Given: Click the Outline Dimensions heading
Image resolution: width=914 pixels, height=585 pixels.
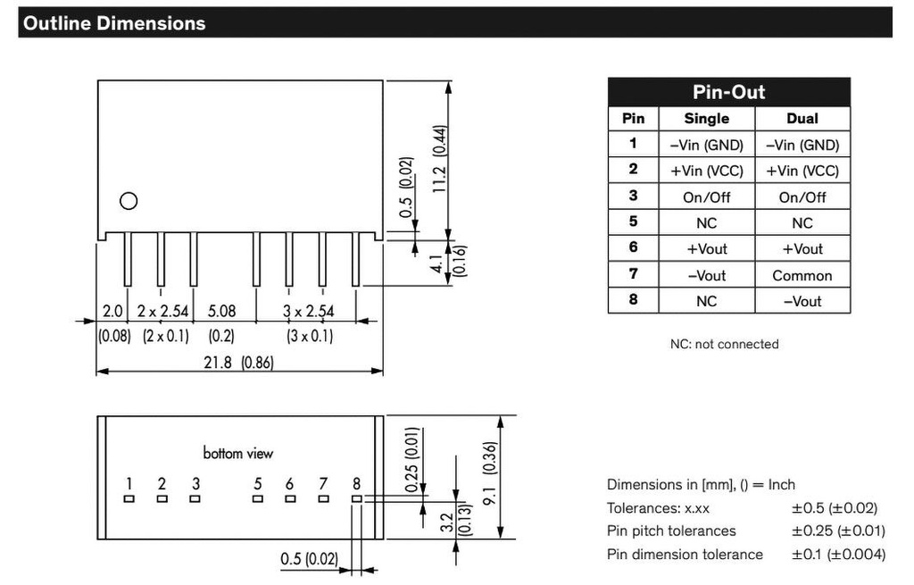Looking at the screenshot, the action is [114, 23].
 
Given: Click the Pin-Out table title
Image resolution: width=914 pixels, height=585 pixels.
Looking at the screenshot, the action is [728, 92].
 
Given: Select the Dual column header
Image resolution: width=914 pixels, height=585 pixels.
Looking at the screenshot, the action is [802, 119].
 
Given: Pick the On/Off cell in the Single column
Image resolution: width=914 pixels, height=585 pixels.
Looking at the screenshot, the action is [707, 197].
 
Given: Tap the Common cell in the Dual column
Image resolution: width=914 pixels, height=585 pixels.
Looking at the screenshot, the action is [802, 275].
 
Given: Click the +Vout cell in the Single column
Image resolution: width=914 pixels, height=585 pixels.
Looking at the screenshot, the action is [707, 249].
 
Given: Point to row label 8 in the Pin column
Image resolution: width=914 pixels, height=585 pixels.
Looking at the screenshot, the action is [633, 300].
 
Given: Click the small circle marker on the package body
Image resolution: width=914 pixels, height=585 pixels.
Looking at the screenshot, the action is [129, 201].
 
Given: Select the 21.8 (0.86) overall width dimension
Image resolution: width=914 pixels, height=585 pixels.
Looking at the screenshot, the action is [238, 363].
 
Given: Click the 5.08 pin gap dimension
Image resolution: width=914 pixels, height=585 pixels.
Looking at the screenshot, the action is [222, 312].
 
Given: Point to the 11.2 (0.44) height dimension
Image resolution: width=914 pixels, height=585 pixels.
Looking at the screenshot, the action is [440, 159].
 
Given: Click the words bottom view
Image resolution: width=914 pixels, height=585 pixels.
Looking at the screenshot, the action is [237, 453].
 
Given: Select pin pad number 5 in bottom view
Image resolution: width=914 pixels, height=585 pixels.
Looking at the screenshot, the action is [258, 498].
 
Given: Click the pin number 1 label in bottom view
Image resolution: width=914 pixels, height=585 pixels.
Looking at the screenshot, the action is [129, 483].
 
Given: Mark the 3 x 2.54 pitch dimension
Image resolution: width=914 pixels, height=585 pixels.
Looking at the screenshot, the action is [308, 312].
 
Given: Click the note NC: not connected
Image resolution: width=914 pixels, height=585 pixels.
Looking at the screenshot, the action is [724, 344].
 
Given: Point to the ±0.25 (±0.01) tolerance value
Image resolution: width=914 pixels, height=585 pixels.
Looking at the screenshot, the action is [838, 531].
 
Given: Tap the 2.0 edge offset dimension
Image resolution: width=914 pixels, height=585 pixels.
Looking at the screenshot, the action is [112, 312].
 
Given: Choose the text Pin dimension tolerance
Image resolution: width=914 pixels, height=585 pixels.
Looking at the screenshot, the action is [685, 554].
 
